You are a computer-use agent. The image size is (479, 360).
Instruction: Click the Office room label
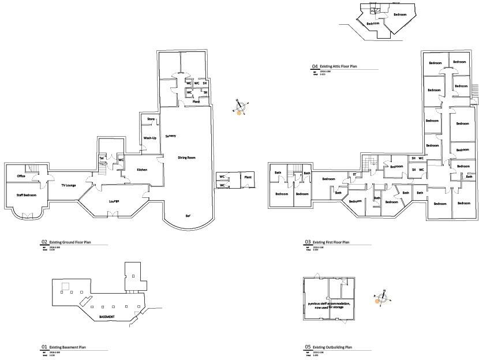click(x=21, y=176)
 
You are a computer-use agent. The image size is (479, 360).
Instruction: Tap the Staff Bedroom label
click(x=26, y=196)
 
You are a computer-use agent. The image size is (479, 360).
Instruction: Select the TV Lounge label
click(x=69, y=185)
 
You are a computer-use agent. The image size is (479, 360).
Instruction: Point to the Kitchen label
click(x=143, y=170)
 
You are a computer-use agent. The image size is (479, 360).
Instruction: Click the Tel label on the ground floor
click(x=102, y=157)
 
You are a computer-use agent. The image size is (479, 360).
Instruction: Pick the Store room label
click(x=151, y=119)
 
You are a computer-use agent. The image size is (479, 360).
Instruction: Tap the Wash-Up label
click(x=150, y=138)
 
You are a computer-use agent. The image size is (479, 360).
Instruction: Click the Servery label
click(x=170, y=136)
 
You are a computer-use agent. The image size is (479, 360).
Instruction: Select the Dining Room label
click(x=186, y=157)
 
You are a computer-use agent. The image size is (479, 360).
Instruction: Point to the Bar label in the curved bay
click(x=188, y=215)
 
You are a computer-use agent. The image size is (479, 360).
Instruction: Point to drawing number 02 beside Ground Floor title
click(x=44, y=242)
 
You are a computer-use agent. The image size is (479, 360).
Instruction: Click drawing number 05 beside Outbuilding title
click(x=308, y=347)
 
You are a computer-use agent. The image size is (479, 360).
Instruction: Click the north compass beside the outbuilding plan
click(x=382, y=297)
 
